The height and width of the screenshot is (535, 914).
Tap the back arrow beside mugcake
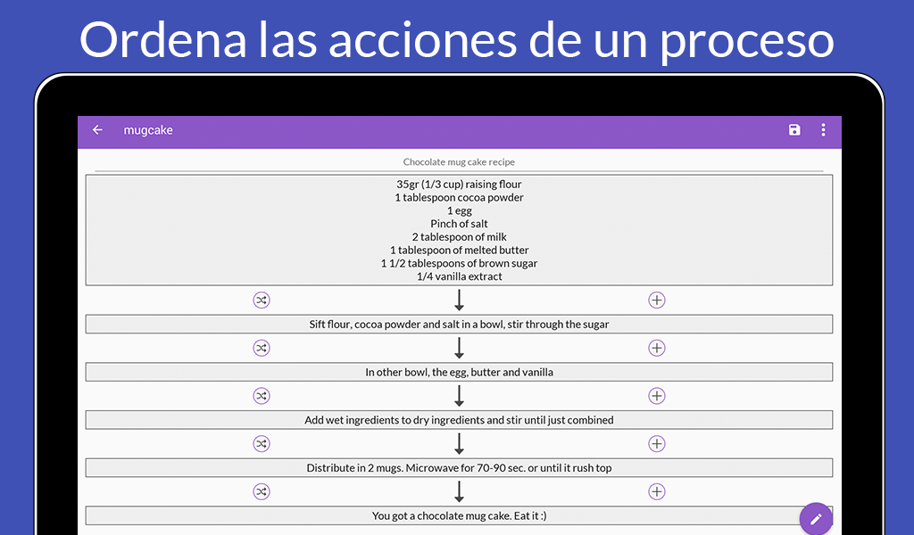(x=97, y=130)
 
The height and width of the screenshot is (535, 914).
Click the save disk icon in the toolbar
(x=794, y=130)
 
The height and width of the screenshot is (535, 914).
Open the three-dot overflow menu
(x=823, y=130)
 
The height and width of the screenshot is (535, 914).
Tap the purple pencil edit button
(x=816, y=518)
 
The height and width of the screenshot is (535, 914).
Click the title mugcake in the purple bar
(x=148, y=130)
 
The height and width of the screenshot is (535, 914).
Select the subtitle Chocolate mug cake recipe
(x=459, y=162)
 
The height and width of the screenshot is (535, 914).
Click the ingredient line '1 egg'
(x=460, y=210)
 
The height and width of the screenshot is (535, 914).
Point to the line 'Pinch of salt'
(x=460, y=224)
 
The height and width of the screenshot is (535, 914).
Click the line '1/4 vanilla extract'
(x=460, y=276)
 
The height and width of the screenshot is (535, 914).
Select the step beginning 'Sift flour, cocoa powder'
(x=459, y=325)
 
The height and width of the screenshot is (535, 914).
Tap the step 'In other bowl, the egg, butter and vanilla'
(x=459, y=372)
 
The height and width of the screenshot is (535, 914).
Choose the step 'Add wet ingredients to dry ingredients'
(x=459, y=420)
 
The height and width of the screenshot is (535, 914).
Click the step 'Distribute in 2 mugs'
(x=459, y=467)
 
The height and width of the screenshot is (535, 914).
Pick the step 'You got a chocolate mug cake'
(x=459, y=515)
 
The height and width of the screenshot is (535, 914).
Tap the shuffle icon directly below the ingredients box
(x=262, y=300)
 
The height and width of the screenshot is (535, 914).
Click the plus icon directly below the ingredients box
(x=657, y=300)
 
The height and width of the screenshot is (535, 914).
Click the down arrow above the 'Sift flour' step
(x=460, y=300)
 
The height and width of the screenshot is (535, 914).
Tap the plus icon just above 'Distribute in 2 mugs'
(x=657, y=443)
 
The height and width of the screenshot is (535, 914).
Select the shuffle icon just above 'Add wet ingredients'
(x=262, y=396)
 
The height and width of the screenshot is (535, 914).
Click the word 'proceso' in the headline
(x=747, y=41)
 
